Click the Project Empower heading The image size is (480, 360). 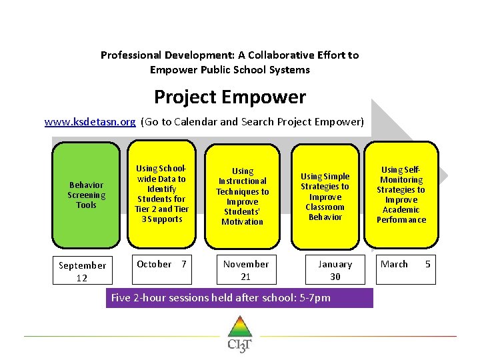[x=229, y=97]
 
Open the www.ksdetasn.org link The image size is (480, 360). [x=90, y=122]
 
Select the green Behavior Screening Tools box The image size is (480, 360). [x=86, y=195]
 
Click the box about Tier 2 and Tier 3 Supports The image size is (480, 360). [x=161, y=194]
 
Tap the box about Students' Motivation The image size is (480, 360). [x=242, y=196]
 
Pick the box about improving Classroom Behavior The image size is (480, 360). [x=325, y=196]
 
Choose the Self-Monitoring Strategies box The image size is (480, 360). [x=401, y=194]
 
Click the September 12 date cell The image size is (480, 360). [x=82, y=271]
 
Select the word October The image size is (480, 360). [x=154, y=264]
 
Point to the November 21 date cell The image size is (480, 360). [x=246, y=270]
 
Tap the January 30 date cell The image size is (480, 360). [x=335, y=270]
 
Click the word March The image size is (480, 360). [x=394, y=264]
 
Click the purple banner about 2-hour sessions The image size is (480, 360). [x=239, y=297]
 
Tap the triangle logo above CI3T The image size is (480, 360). [x=239, y=327]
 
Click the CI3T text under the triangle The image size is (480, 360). [x=239, y=345]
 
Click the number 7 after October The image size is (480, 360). [x=184, y=264]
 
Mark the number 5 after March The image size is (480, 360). [x=428, y=264]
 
